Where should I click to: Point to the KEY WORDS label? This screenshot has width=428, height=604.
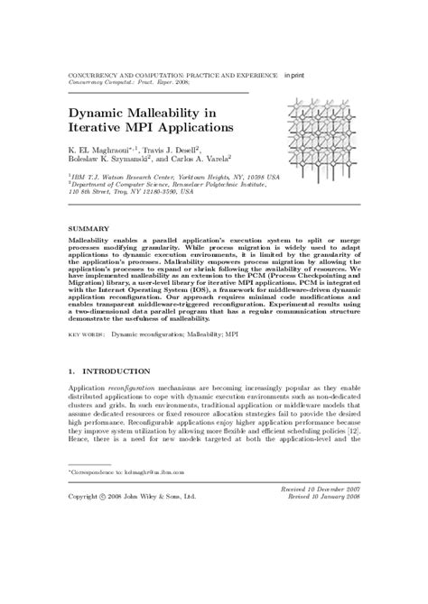click(x=87, y=332)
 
